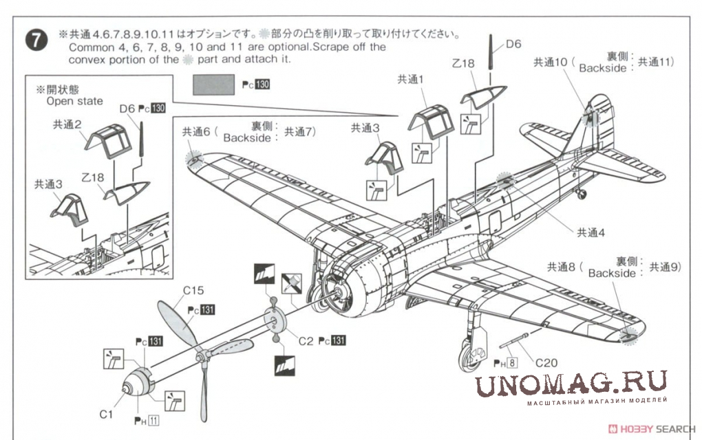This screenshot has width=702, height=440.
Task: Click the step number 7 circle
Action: pyautogui.click(x=36, y=40)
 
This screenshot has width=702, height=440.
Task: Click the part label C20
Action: pyautogui.click(x=545, y=363)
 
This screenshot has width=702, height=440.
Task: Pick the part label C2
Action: pyautogui.click(x=306, y=340)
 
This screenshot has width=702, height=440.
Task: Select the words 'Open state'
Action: pyautogui.click(x=74, y=101)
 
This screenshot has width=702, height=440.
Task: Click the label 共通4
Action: pyautogui.click(x=590, y=232)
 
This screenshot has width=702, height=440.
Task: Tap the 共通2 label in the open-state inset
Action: pyautogui.click(x=68, y=124)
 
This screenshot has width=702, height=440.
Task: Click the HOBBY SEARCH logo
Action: pyautogui.click(x=654, y=427)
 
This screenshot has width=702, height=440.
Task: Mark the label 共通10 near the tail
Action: pyautogui.click(x=550, y=62)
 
